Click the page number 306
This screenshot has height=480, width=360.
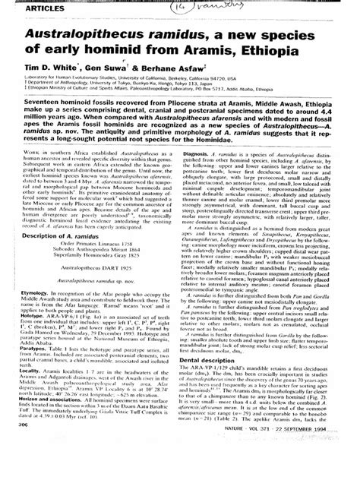[30, 469]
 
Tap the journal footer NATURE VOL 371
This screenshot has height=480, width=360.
[289, 469]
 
